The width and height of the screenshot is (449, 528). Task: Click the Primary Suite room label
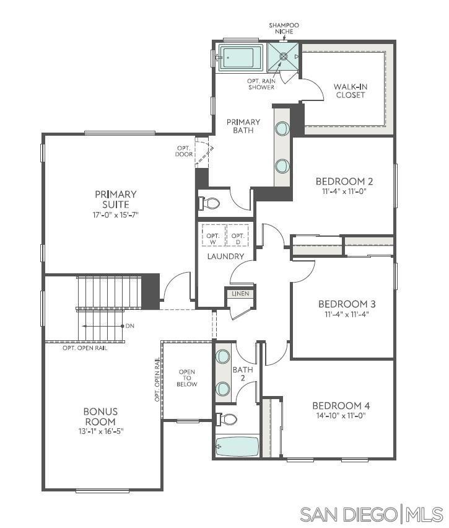[116, 199]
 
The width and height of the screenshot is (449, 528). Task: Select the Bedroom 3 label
[347, 304]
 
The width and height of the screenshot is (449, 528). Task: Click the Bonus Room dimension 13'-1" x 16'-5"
[100, 431]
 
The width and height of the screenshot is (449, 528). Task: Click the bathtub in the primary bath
[238, 58]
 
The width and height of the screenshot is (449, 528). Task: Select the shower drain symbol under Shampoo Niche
[284, 56]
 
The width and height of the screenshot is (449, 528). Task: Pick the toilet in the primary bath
[211, 203]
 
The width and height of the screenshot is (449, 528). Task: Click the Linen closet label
[240, 294]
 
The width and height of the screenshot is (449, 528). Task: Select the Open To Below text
[187, 378]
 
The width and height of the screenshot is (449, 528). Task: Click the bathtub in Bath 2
[237, 445]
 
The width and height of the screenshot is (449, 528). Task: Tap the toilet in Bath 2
[227, 420]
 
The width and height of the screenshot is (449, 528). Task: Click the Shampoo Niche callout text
[283, 29]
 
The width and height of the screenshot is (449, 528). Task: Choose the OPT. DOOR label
[184, 151]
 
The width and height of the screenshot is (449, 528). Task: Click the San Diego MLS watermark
[372, 514]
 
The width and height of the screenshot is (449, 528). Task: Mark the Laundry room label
[225, 256]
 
